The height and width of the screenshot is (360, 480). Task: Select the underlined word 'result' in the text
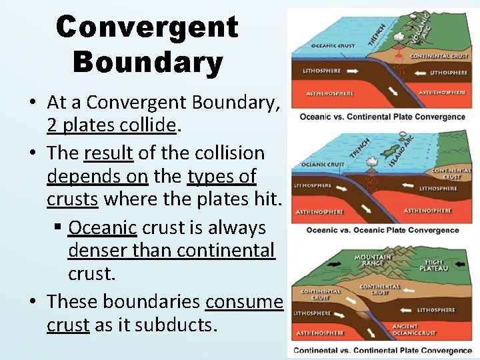109,153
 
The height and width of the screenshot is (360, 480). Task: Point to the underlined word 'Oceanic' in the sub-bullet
103,227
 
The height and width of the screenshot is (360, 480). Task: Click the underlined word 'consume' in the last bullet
244,301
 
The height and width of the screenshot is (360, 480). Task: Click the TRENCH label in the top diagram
378,33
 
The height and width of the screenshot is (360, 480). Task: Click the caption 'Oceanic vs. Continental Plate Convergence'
382,117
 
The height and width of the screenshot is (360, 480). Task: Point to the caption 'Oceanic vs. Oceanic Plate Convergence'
382,230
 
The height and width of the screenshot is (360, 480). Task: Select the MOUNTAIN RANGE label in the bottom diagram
373,260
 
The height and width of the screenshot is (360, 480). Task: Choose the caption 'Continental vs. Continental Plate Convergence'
382,351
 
